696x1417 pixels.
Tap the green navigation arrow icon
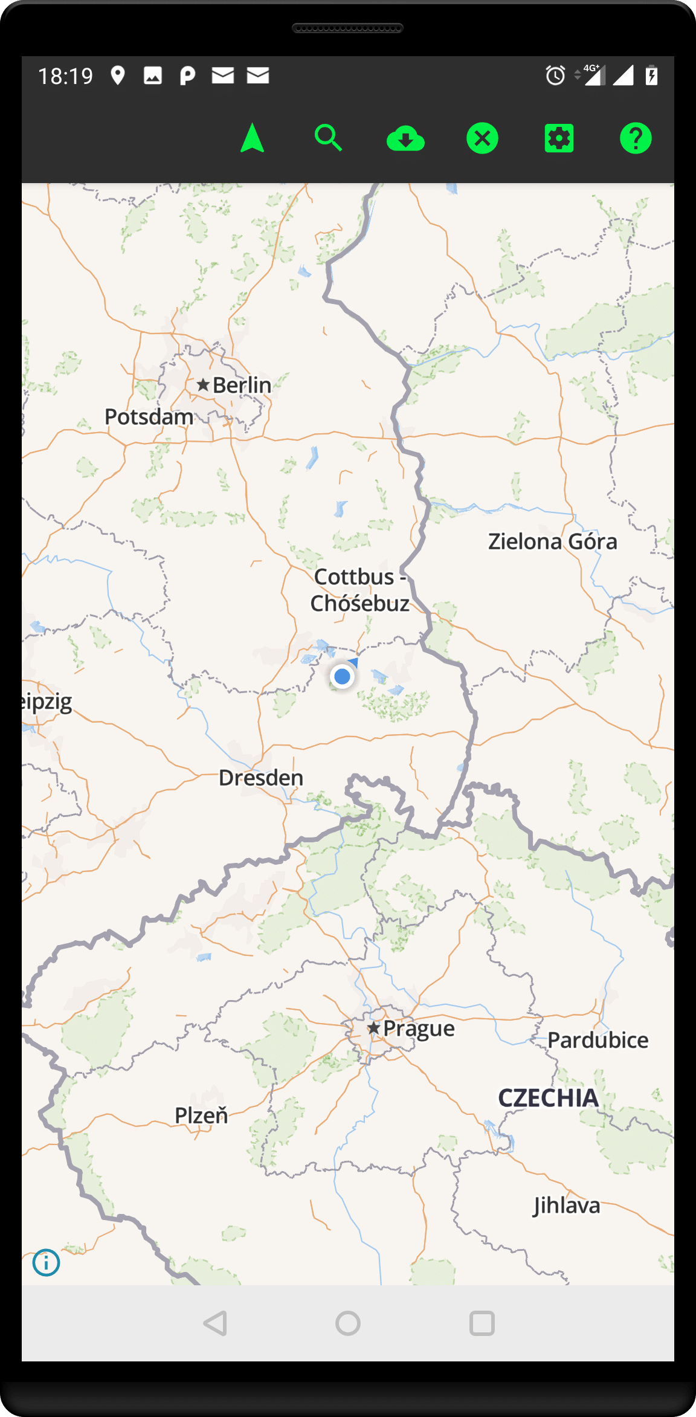253,138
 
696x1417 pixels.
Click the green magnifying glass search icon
328,138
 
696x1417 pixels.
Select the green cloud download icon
405,139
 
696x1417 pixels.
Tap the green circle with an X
482,138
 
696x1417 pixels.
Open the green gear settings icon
559,138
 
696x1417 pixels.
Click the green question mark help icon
636,138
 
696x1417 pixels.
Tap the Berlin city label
241,385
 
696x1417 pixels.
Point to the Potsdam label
149,417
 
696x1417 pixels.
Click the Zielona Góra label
552,541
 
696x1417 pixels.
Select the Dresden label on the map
260,778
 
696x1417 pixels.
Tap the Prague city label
418,1028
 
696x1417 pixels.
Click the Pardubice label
598,1040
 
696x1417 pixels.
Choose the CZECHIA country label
548,1098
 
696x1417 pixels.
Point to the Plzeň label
201,1115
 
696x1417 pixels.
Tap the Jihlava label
566,1206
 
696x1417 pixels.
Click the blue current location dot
343,676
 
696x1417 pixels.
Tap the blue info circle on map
46,1262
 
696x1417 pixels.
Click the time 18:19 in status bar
65,76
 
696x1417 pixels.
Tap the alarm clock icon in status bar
555,76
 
